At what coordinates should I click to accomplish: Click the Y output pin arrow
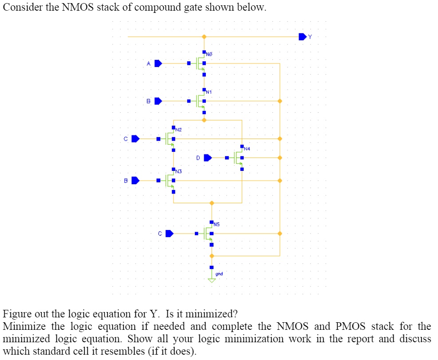point(303,36)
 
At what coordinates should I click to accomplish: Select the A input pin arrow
point(158,63)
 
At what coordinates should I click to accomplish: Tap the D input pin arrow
point(208,157)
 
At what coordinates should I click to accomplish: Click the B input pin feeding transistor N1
point(158,101)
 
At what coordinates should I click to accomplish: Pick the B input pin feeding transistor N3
point(135,181)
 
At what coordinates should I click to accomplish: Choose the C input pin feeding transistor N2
point(135,139)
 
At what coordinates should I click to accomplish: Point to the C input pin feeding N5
point(169,233)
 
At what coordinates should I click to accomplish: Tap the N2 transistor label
point(178,130)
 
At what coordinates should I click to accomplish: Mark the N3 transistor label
point(178,171)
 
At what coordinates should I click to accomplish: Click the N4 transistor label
point(247,149)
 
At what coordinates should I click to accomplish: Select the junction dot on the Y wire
point(204,36)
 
